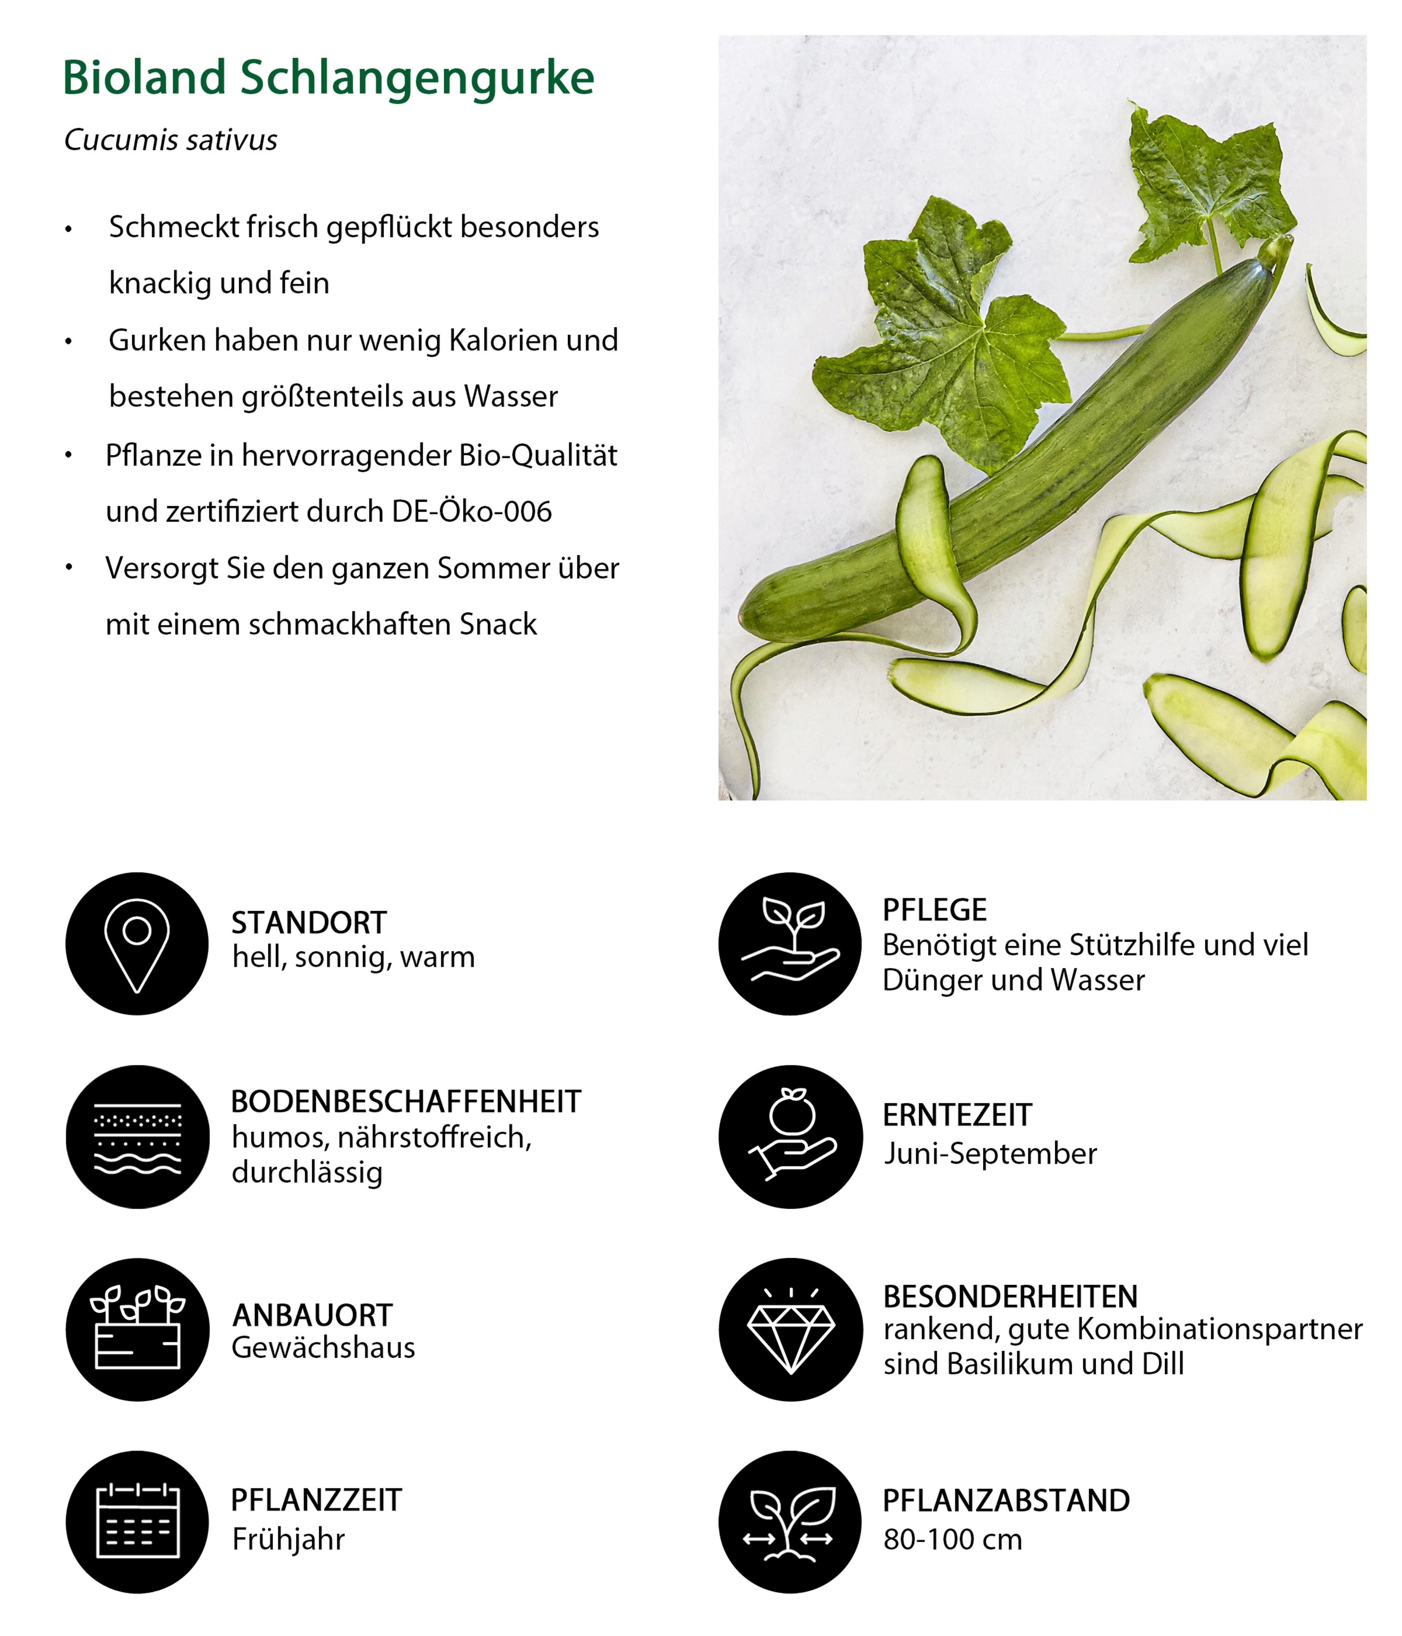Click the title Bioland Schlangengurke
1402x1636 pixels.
click(327, 78)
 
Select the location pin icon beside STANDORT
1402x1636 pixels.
click(137, 944)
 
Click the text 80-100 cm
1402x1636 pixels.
click(952, 1540)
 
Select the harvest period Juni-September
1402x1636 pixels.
click(990, 1154)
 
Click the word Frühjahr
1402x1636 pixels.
click(288, 1540)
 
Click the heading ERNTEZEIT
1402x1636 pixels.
click(957, 1115)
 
